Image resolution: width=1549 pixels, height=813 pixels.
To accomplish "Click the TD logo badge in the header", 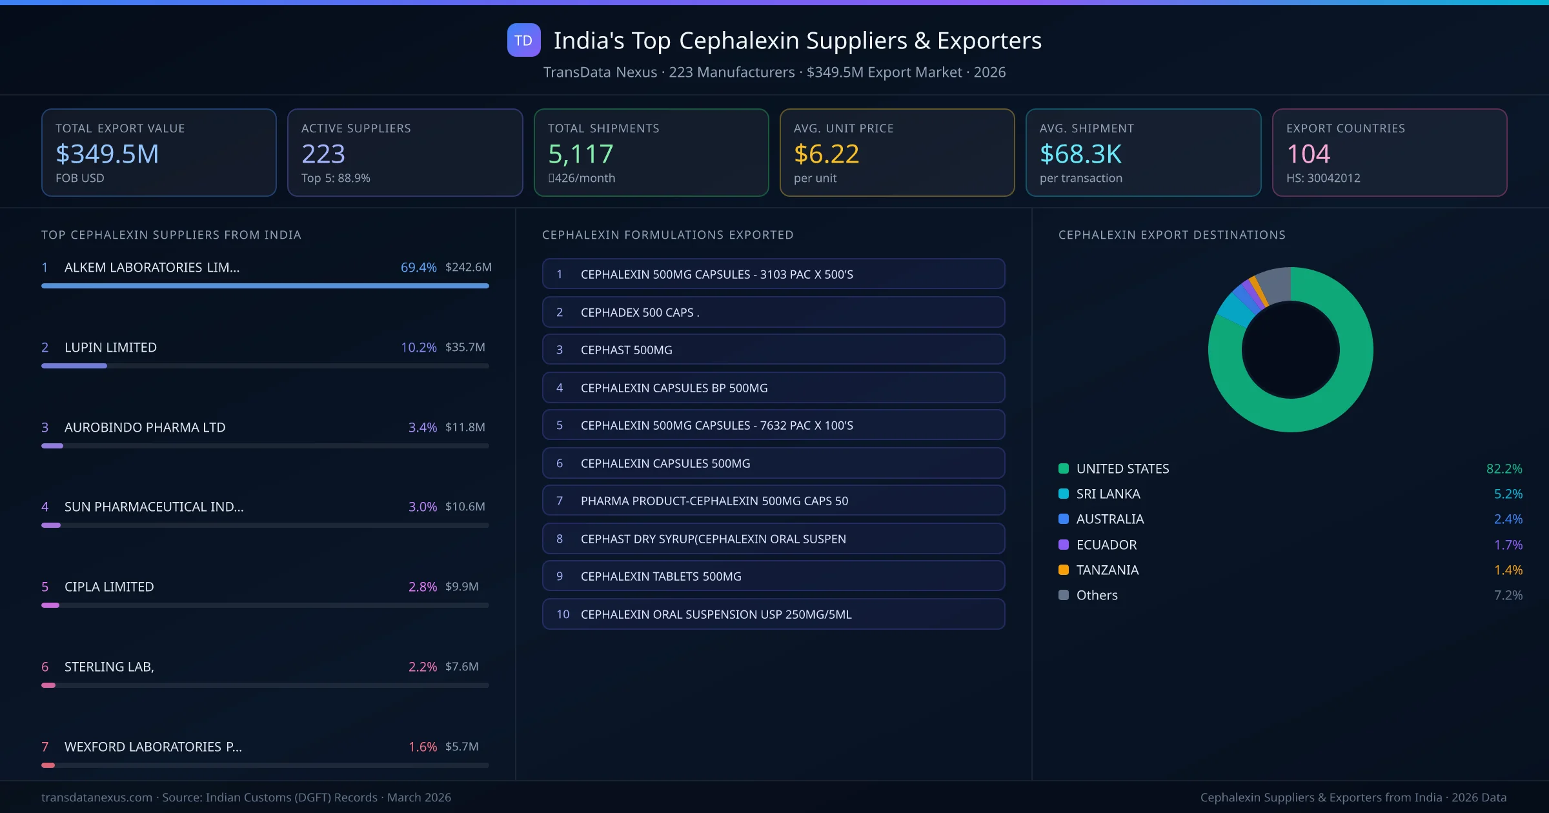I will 523,41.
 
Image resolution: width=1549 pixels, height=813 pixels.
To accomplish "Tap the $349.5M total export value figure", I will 107,154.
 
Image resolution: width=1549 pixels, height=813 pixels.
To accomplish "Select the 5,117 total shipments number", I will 580,154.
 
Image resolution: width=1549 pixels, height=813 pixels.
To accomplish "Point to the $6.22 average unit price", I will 826,154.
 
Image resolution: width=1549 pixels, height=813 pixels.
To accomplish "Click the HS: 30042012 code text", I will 1322,178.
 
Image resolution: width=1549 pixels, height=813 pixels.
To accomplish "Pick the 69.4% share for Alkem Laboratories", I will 418,267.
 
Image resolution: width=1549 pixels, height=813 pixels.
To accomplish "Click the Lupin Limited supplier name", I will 110,347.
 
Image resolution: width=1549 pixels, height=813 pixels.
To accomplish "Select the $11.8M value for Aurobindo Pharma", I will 465,427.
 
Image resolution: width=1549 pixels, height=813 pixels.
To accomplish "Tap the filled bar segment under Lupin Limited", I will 74,366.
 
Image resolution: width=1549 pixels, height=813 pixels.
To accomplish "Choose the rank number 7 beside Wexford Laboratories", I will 45,747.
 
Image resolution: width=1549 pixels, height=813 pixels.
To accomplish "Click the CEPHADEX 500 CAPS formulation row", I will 773,312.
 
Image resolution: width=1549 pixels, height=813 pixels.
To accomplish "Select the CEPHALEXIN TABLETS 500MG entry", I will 773,576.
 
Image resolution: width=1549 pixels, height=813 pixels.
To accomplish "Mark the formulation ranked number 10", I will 773,614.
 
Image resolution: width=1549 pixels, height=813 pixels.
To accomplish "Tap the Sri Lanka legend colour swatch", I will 1064,494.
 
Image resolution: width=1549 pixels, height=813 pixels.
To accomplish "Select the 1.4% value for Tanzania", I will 1508,570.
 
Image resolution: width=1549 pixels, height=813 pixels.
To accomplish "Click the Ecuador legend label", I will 1106,545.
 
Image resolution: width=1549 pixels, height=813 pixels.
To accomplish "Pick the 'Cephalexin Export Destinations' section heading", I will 1171,235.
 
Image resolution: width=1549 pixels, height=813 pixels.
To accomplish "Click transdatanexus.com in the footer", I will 97,798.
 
